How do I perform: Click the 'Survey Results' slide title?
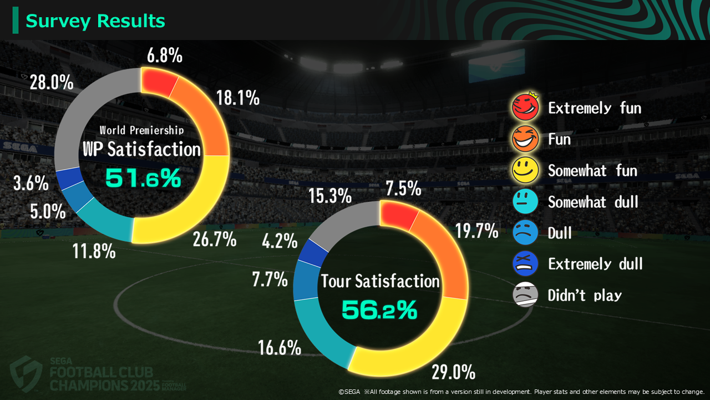coord(95,21)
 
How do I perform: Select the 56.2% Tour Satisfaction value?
coord(379,310)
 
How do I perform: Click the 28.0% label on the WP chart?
coord(51,83)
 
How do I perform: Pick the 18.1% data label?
coord(237,98)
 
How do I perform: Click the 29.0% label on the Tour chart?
coord(453,371)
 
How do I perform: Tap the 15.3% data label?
coord(330,196)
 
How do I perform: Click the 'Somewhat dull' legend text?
coord(593,202)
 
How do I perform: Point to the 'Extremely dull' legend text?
coord(595,263)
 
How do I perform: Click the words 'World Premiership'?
coord(141,131)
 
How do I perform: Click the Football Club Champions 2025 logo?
coord(83,372)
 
